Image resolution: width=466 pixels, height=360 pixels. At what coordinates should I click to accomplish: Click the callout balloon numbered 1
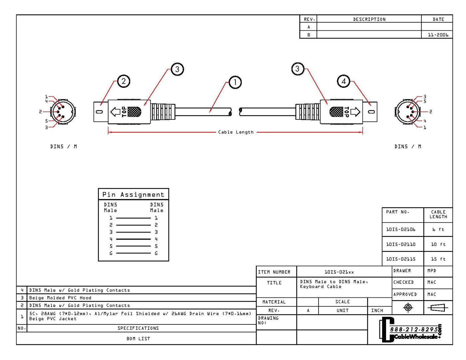pyautogui.click(x=235, y=82)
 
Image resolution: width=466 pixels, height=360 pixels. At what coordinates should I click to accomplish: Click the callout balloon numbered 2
pyautogui.click(x=123, y=81)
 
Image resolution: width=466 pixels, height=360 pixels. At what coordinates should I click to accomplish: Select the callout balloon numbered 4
pyautogui.click(x=344, y=81)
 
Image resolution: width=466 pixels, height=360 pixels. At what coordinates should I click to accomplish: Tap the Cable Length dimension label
pyautogui.click(x=236, y=132)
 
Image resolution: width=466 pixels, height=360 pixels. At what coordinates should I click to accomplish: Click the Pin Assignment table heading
pyautogui.click(x=133, y=195)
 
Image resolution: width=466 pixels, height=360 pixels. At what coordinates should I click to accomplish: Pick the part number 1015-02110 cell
pyautogui.click(x=401, y=244)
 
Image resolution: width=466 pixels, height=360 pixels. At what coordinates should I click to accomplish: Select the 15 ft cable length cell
pyautogui.click(x=438, y=259)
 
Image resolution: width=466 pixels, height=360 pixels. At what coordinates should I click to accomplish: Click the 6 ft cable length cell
pyautogui.click(x=438, y=230)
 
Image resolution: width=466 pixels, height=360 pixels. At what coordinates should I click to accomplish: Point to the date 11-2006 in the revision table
pyautogui.click(x=438, y=35)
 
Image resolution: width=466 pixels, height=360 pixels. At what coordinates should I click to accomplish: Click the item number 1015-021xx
pyautogui.click(x=339, y=272)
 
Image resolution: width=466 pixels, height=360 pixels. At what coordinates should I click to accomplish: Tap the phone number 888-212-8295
pyautogui.click(x=414, y=329)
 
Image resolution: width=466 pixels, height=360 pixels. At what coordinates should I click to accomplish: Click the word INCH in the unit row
pyautogui.click(x=377, y=310)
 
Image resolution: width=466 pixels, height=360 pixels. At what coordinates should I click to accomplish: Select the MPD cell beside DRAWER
pyautogui.click(x=432, y=271)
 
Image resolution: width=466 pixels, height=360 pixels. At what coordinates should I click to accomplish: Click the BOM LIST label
pyautogui.click(x=138, y=339)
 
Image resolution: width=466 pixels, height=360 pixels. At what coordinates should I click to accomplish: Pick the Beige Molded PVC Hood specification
pyautogui.click(x=60, y=298)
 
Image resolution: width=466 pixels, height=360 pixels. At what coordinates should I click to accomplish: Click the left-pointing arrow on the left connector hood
pyautogui.click(x=115, y=112)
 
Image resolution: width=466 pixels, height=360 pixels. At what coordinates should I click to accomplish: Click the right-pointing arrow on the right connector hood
pyautogui.click(x=355, y=112)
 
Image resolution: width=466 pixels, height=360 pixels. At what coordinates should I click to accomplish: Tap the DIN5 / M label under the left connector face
pyautogui.click(x=64, y=146)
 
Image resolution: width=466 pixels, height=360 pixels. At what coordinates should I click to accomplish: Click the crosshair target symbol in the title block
pyautogui.click(x=408, y=308)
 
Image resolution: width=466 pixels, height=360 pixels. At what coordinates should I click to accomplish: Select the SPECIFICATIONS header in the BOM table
pyautogui.click(x=138, y=328)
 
